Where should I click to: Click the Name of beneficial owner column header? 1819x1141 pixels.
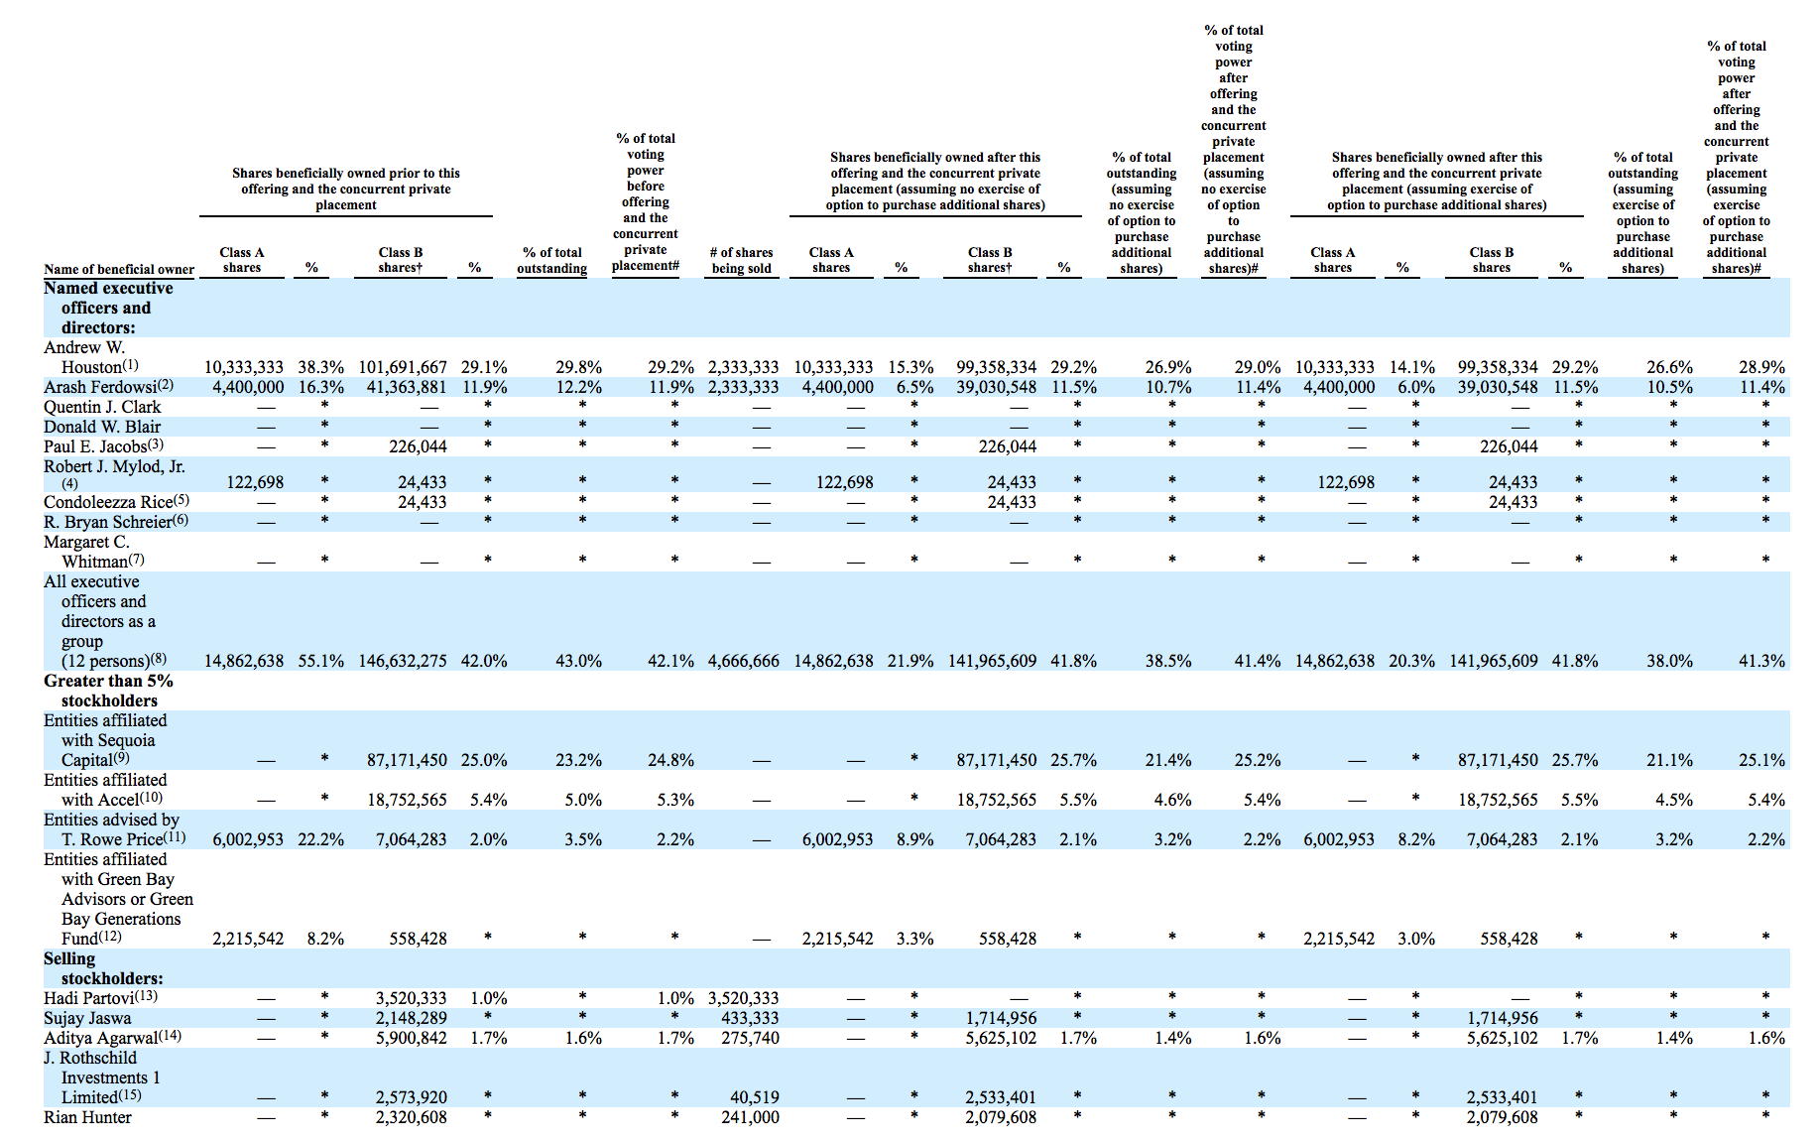(x=119, y=269)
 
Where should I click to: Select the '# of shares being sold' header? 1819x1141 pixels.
(x=742, y=260)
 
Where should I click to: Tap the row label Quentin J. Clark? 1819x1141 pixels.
(x=102, y=407)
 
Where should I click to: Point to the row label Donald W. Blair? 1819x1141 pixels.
(x=102, y=427)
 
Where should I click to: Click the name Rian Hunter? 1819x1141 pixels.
(x=87, y=1117)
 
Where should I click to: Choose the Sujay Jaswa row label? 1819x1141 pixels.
(x=87, y=1018)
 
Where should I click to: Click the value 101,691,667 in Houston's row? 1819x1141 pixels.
(x=403, y=367)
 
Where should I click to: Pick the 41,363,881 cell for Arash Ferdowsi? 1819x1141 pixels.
(x=407, y=387)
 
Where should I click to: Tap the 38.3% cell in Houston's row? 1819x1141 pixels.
(x=321, y=367)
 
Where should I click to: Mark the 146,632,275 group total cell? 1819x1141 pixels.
(x=403, y=661)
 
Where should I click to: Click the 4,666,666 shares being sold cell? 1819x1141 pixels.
(x=744, y=661)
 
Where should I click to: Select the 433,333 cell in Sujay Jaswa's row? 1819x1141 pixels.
(x=750, y=1018)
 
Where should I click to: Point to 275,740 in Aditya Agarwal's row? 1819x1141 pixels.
(x=750, y=1038)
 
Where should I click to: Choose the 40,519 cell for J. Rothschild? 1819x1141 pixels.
(x=755, y=1097)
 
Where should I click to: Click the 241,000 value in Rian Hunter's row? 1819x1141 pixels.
(x=750, y=1117)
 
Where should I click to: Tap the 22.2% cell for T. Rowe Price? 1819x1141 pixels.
(x=321, y=839)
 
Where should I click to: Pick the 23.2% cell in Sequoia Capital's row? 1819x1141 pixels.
(x=578, y=760)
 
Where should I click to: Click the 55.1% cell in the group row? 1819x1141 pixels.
(x=321, y=661)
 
